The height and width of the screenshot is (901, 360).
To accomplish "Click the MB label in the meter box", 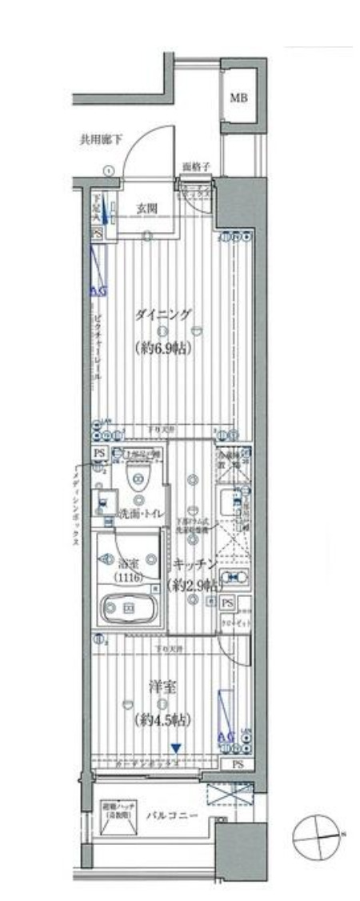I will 238,98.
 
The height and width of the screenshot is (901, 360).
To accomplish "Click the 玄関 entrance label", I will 146,209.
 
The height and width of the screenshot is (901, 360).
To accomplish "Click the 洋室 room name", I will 162,686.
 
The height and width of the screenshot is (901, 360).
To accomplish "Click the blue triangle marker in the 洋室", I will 175,748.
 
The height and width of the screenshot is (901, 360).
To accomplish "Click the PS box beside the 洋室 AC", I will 238,764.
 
